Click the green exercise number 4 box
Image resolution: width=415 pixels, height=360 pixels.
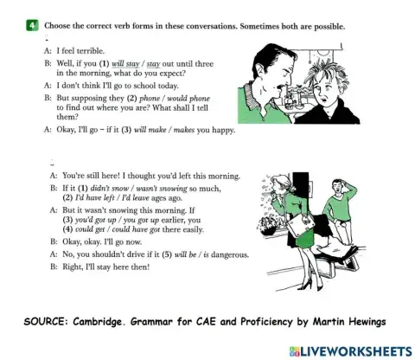coord(31,26)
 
